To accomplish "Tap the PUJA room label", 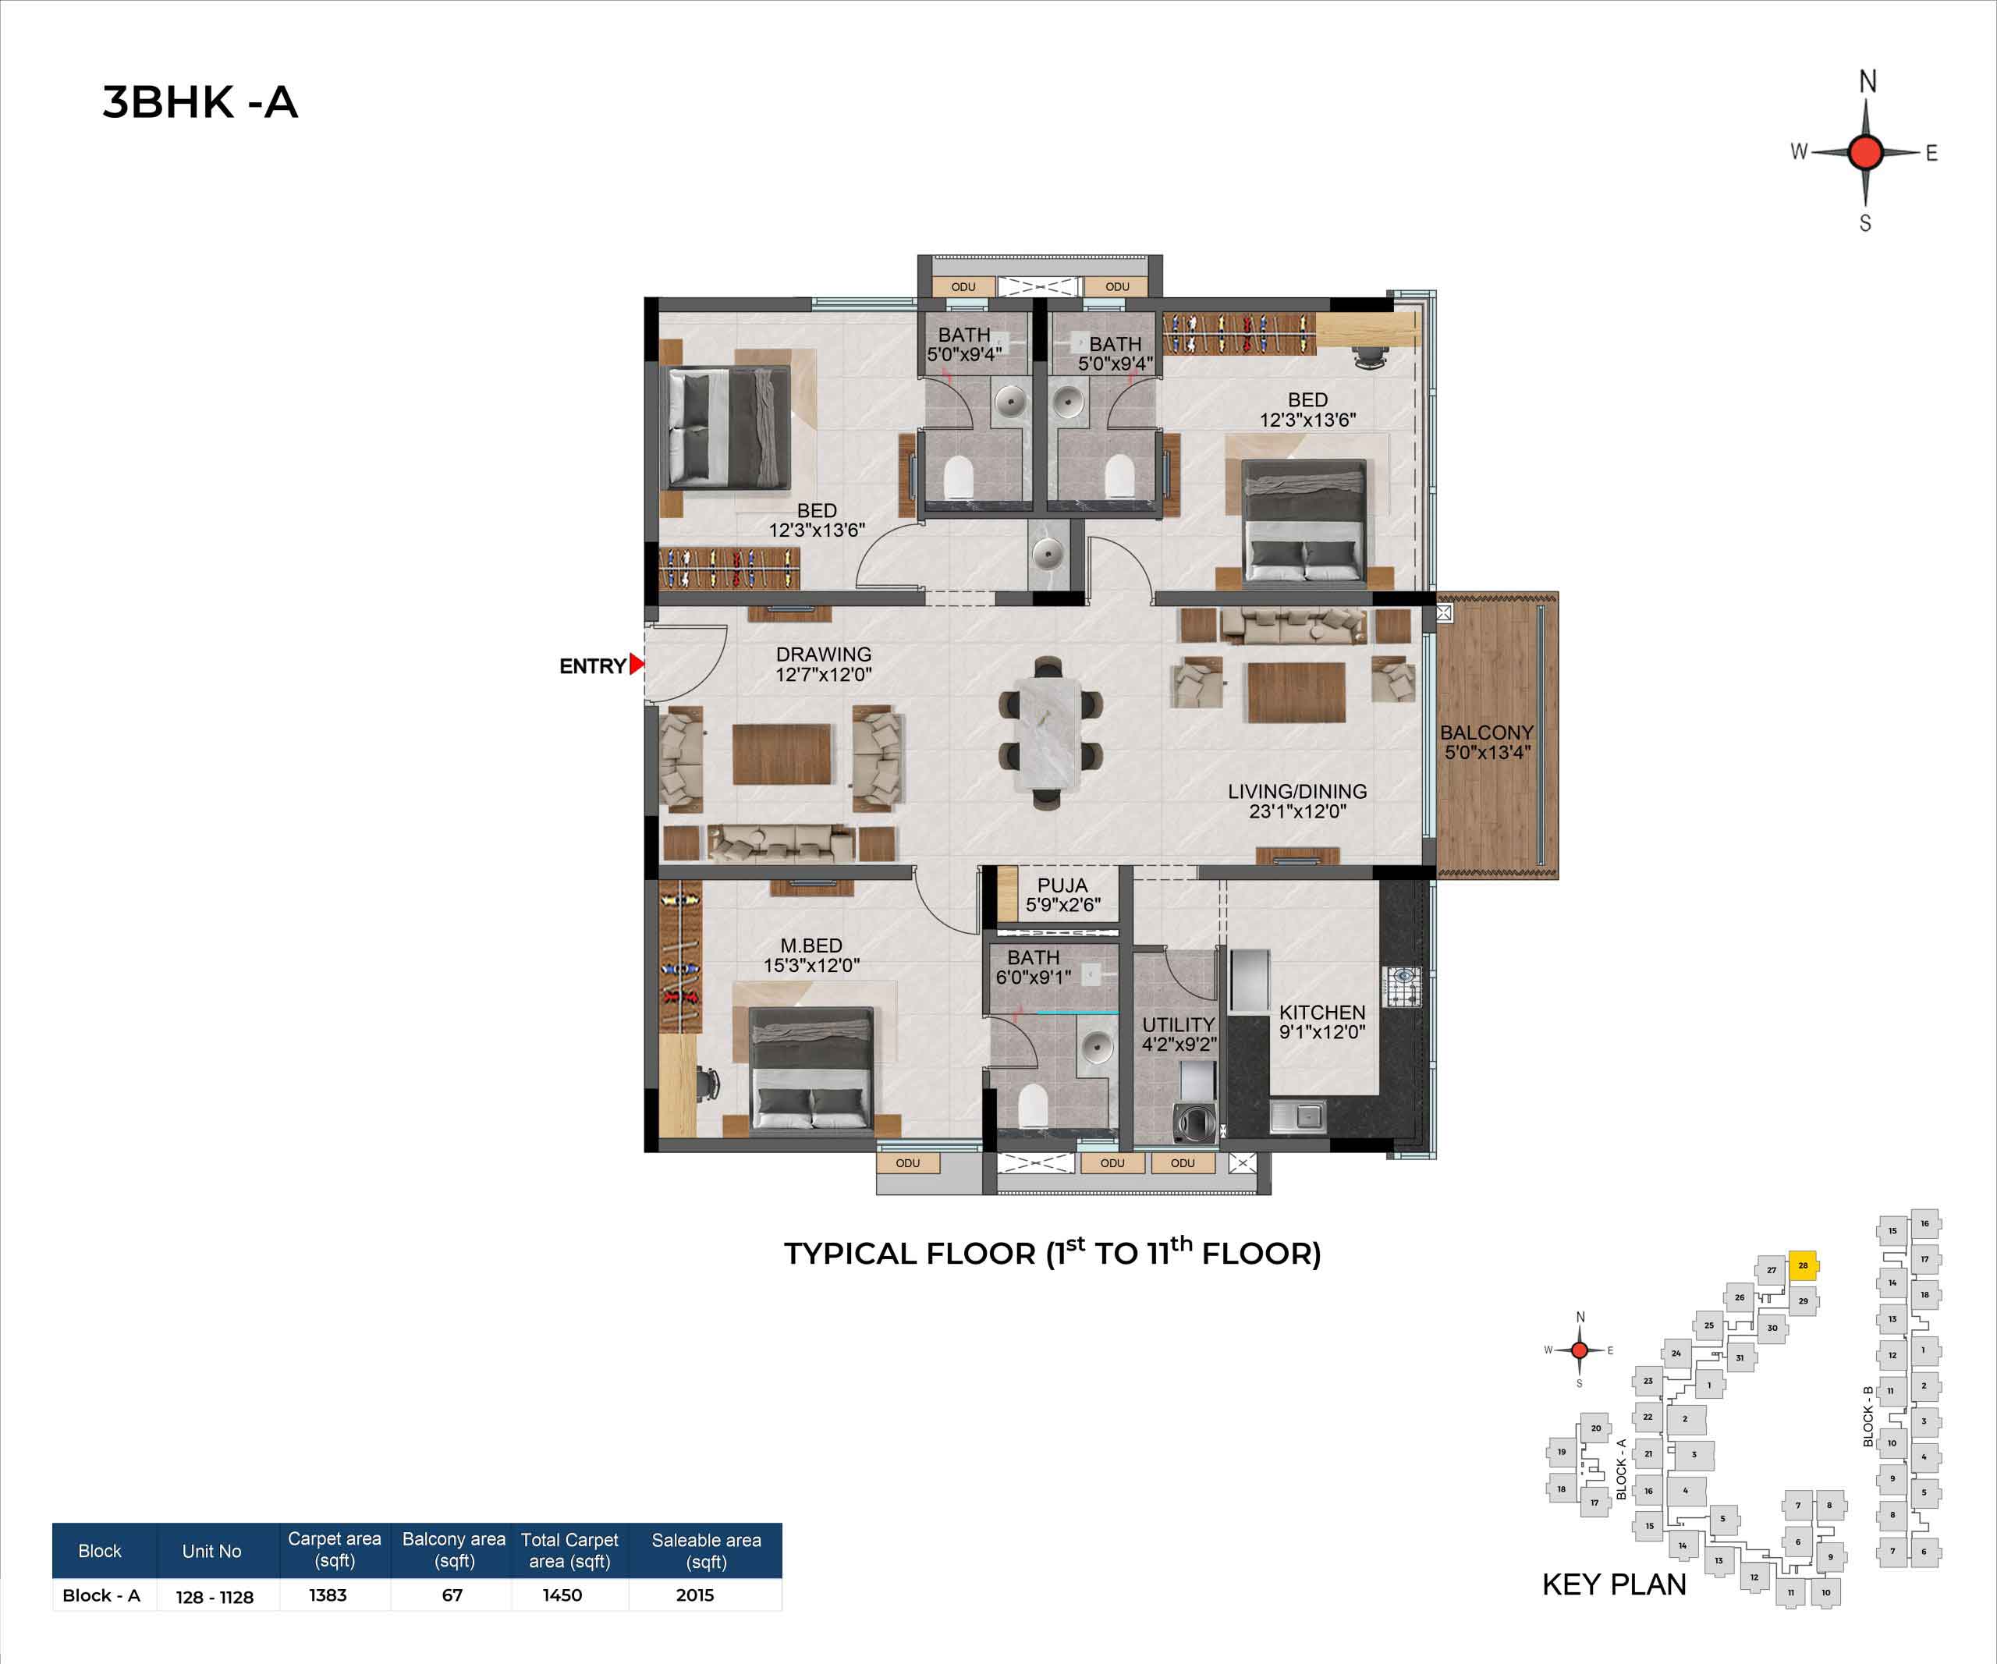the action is point(1062,885).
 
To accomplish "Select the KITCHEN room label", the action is point(1321,1013).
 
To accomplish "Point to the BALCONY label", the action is point(1486,733).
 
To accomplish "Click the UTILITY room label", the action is point(1178,1024).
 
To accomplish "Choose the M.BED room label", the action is point(811,946).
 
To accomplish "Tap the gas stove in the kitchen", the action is point(1403,987).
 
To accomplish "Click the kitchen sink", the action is point(1298,1116).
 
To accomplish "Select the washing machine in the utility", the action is point(1193,1123).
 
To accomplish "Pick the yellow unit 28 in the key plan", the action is point(1802,1265).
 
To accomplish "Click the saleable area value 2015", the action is point(695,1595).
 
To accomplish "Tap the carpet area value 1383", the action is point(328,1595).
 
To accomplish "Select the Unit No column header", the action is point(212,1551).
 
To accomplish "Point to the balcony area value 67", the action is point(452,1595).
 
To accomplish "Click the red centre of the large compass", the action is point(1866,152).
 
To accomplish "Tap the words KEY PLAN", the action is point(1614,1584).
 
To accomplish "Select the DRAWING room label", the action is point(824,655).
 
